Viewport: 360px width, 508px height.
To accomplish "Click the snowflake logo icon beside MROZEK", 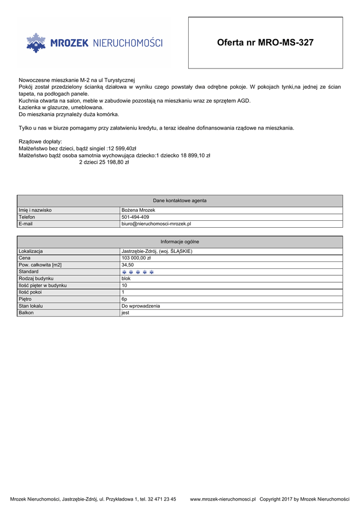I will click(x=36, y=43).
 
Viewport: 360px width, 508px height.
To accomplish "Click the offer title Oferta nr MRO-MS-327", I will click(x=265, y=43).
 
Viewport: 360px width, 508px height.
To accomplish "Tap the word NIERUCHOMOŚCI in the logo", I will click(x=128, y=44).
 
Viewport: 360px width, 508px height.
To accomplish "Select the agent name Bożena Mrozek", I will click(x=139, y=210).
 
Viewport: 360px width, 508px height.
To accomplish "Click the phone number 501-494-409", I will click(x=135, y=217).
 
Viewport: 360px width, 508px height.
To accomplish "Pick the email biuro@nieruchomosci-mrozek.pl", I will click(x=156, y=224).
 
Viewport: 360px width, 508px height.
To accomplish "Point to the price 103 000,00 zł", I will click(x=136, y=258).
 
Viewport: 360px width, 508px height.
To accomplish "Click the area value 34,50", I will click(x=128, y=265).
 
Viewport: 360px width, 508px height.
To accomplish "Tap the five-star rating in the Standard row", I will click(x=138, y=272).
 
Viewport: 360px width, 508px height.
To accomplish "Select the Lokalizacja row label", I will click(x=31, y=252).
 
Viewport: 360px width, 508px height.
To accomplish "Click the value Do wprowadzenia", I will click(x=141, y=306).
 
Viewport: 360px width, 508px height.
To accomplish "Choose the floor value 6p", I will click(x=125, y=299).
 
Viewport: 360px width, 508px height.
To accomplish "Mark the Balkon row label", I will click(x=26, y=313).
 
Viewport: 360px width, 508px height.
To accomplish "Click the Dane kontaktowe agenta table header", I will click(x=180, y=200).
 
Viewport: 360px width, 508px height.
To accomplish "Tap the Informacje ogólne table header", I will click(x=180, y=242).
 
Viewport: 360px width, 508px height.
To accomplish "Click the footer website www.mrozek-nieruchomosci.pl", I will click(x=222, y=499).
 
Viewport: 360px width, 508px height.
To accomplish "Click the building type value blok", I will click(x=126, y=279).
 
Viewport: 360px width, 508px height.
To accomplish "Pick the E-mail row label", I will click(x=26, y=224).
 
